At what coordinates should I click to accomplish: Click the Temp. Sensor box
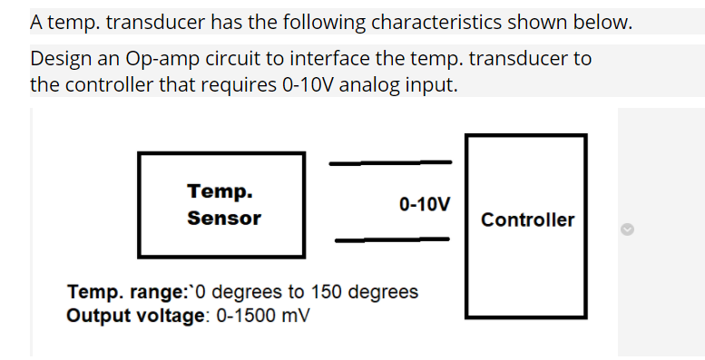point(220,204)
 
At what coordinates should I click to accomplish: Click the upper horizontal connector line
point(390,163)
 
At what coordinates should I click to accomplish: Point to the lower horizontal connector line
point(392,240)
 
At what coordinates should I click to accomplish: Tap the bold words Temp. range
point(125,292)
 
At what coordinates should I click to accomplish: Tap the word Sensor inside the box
point(224,219)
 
